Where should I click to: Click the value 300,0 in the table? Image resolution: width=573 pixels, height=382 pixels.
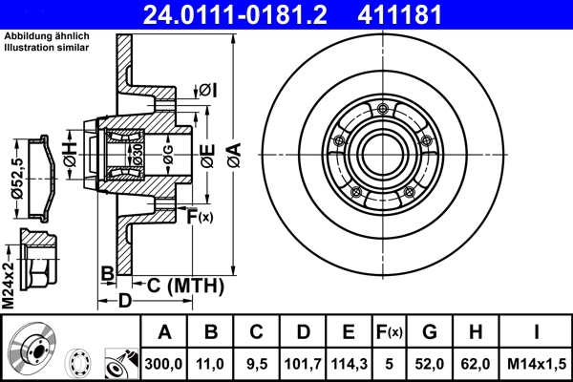[164, 363]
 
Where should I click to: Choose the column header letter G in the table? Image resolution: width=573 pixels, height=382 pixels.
[429, 332]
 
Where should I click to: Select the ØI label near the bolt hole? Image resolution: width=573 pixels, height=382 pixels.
[208, 90]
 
